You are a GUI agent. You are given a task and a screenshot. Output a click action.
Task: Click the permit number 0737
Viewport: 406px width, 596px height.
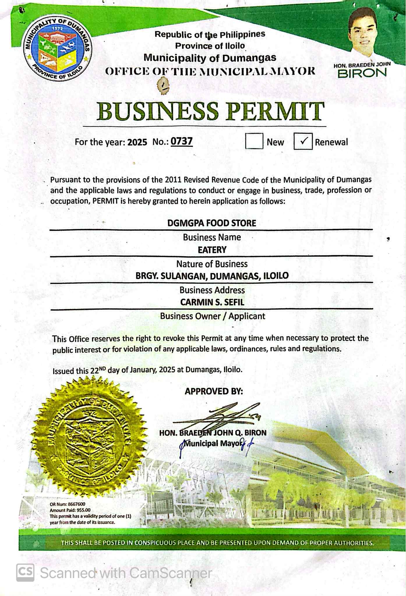(x=181, y=142)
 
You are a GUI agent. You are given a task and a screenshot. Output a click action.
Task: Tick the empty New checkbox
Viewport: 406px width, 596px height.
(x=254, y=141)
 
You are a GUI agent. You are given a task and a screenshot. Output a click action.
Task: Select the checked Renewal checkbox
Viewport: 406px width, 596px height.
(x=303, y=141)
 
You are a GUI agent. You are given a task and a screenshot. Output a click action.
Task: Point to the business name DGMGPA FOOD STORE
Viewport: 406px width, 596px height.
(x=212, y=223)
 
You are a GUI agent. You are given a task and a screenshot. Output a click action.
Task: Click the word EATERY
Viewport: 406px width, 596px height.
(x=212, y=250)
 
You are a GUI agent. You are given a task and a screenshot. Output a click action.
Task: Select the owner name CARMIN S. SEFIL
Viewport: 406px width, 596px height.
(x=212, y=302)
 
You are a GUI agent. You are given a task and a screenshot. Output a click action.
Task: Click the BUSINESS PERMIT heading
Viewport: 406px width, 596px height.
(x=210, y=111)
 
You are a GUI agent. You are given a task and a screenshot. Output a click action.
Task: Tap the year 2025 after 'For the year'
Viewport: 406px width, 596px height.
(x=137, y=142)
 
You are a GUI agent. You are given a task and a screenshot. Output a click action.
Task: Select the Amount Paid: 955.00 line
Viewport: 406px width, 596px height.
(x=70, y=510)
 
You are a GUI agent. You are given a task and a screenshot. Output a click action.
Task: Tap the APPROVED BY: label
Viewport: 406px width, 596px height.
(x=213, y=391)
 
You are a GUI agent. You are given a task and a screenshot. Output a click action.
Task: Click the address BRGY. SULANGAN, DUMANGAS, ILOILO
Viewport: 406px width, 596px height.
(x=212, y=276)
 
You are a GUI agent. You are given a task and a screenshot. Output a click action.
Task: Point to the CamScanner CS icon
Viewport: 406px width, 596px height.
(x=25, y=573)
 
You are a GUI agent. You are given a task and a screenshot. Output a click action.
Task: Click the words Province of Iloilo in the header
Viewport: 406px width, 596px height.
(x=210, y=46)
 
